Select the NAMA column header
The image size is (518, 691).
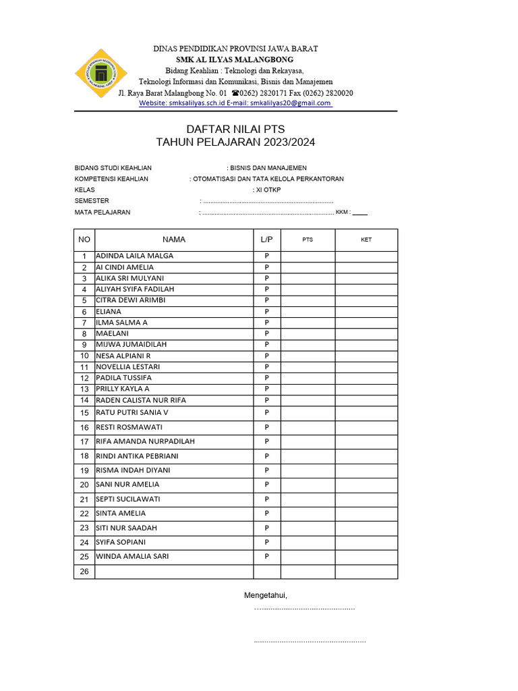(x=173, y=240)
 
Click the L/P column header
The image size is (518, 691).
(x=266, y=240)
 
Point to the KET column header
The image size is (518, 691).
(x=366, y=240)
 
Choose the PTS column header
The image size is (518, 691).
(x=308, y=240)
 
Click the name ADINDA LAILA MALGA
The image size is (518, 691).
(x=135, y=256)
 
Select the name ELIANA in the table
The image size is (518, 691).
(x=109, y=312)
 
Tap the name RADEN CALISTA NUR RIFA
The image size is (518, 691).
(x=141, y=400)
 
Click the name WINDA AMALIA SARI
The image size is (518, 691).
(x=132, y=557)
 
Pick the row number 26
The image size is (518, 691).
(x=84, y=572)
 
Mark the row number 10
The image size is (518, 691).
(x=84, y=356)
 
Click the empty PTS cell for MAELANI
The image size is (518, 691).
(x=308, y=333)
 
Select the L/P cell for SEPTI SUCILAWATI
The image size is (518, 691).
(x=266, y=499)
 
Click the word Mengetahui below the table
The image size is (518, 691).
(x=266, y=595)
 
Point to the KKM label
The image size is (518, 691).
(x=343, y=212)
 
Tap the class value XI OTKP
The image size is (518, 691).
(x=268, y=190)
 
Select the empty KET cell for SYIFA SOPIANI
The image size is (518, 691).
(x=366, y=543)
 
